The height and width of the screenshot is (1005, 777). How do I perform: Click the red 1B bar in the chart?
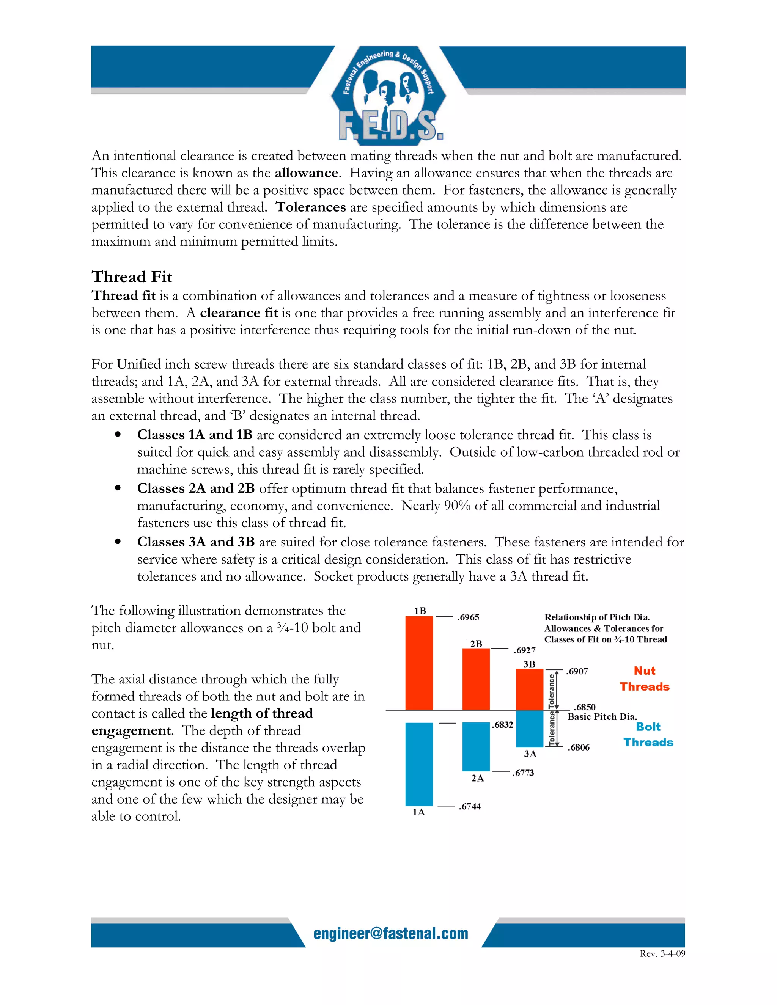[419, 663]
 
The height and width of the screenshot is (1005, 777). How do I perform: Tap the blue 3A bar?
[529, 729]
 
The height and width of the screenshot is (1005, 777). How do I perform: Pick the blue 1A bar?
[419, 764]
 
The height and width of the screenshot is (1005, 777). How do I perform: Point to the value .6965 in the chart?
[468, 617]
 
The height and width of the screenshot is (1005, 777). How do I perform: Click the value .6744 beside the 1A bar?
[470, 806]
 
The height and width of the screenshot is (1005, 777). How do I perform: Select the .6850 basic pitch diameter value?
[584, 707]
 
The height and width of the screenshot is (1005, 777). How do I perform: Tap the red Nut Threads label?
[645, 679]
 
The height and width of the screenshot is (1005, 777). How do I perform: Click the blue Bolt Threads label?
[648, 735]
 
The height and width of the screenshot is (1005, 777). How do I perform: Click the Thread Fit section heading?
[132, 276]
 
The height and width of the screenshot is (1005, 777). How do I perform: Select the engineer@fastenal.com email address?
[391, 933]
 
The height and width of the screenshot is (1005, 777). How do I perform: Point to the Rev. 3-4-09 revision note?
[662, 953]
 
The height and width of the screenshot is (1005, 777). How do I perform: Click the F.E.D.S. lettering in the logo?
[391, 127]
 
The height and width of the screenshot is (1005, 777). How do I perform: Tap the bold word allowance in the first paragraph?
[307, 173]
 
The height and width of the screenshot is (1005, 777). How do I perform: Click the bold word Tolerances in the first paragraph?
[311, 207]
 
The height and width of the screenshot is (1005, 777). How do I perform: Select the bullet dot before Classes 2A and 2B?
[118, 488]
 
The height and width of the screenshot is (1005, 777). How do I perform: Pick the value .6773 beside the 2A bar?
[523, 773]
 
